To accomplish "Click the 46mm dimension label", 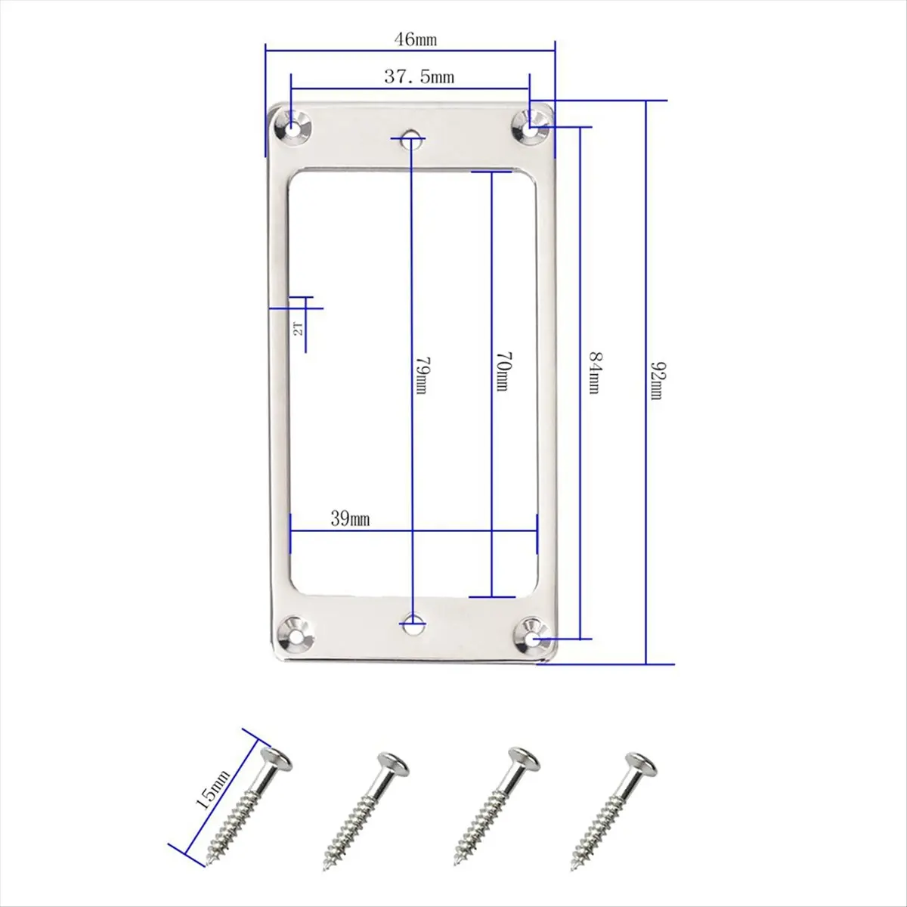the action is coord(415,39).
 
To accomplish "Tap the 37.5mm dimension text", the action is coord(419,76).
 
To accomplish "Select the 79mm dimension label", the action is coord(420,376).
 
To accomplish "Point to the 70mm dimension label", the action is coord(501,372).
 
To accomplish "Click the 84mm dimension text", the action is coord(594,373).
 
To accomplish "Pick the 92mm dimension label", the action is coord(657,380).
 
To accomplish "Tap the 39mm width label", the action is coord(350,519).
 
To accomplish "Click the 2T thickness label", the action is coord(299,329).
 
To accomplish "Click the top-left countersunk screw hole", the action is coord(295,127).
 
